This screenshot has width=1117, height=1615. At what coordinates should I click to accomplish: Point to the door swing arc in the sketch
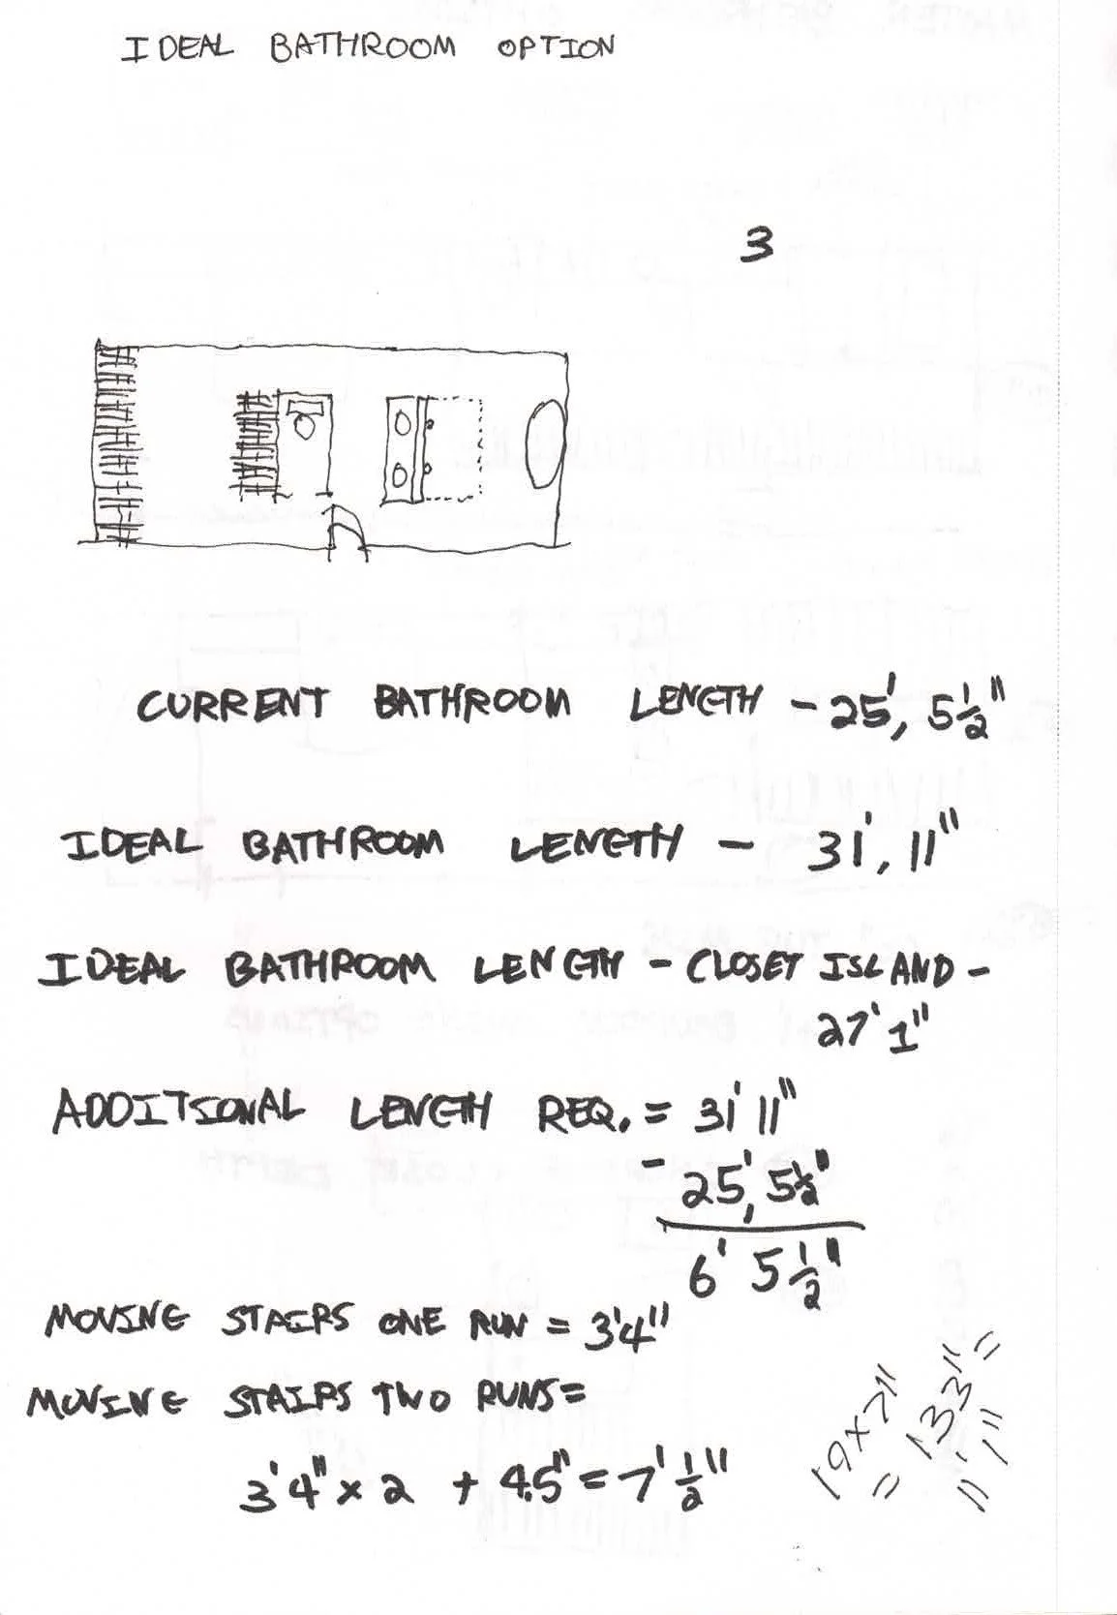[x=348, y=532]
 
